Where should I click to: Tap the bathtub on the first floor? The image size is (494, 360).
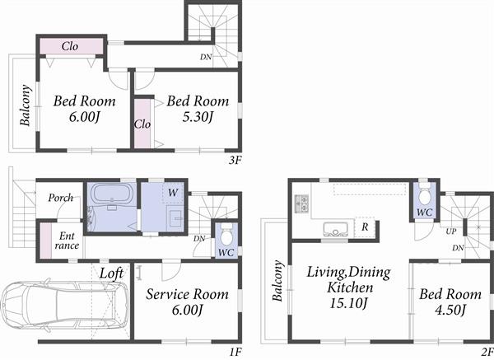click(110, 197)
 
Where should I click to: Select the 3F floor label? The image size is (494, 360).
click(235, 161)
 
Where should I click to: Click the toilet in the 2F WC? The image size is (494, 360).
click(423, 196)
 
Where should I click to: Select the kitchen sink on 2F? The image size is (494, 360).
click(335, 229)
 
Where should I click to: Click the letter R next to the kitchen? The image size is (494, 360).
click(363, 227)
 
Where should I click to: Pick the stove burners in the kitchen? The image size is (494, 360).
click(300, 202)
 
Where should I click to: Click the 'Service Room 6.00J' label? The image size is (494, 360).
click(186, 302)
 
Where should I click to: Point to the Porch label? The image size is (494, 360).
click(62, 198)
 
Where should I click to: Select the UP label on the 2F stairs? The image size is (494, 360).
click(451, 232)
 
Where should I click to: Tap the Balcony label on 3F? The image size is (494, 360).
click(26, 107)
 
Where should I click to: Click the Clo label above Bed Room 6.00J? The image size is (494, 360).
click(70, 46)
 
